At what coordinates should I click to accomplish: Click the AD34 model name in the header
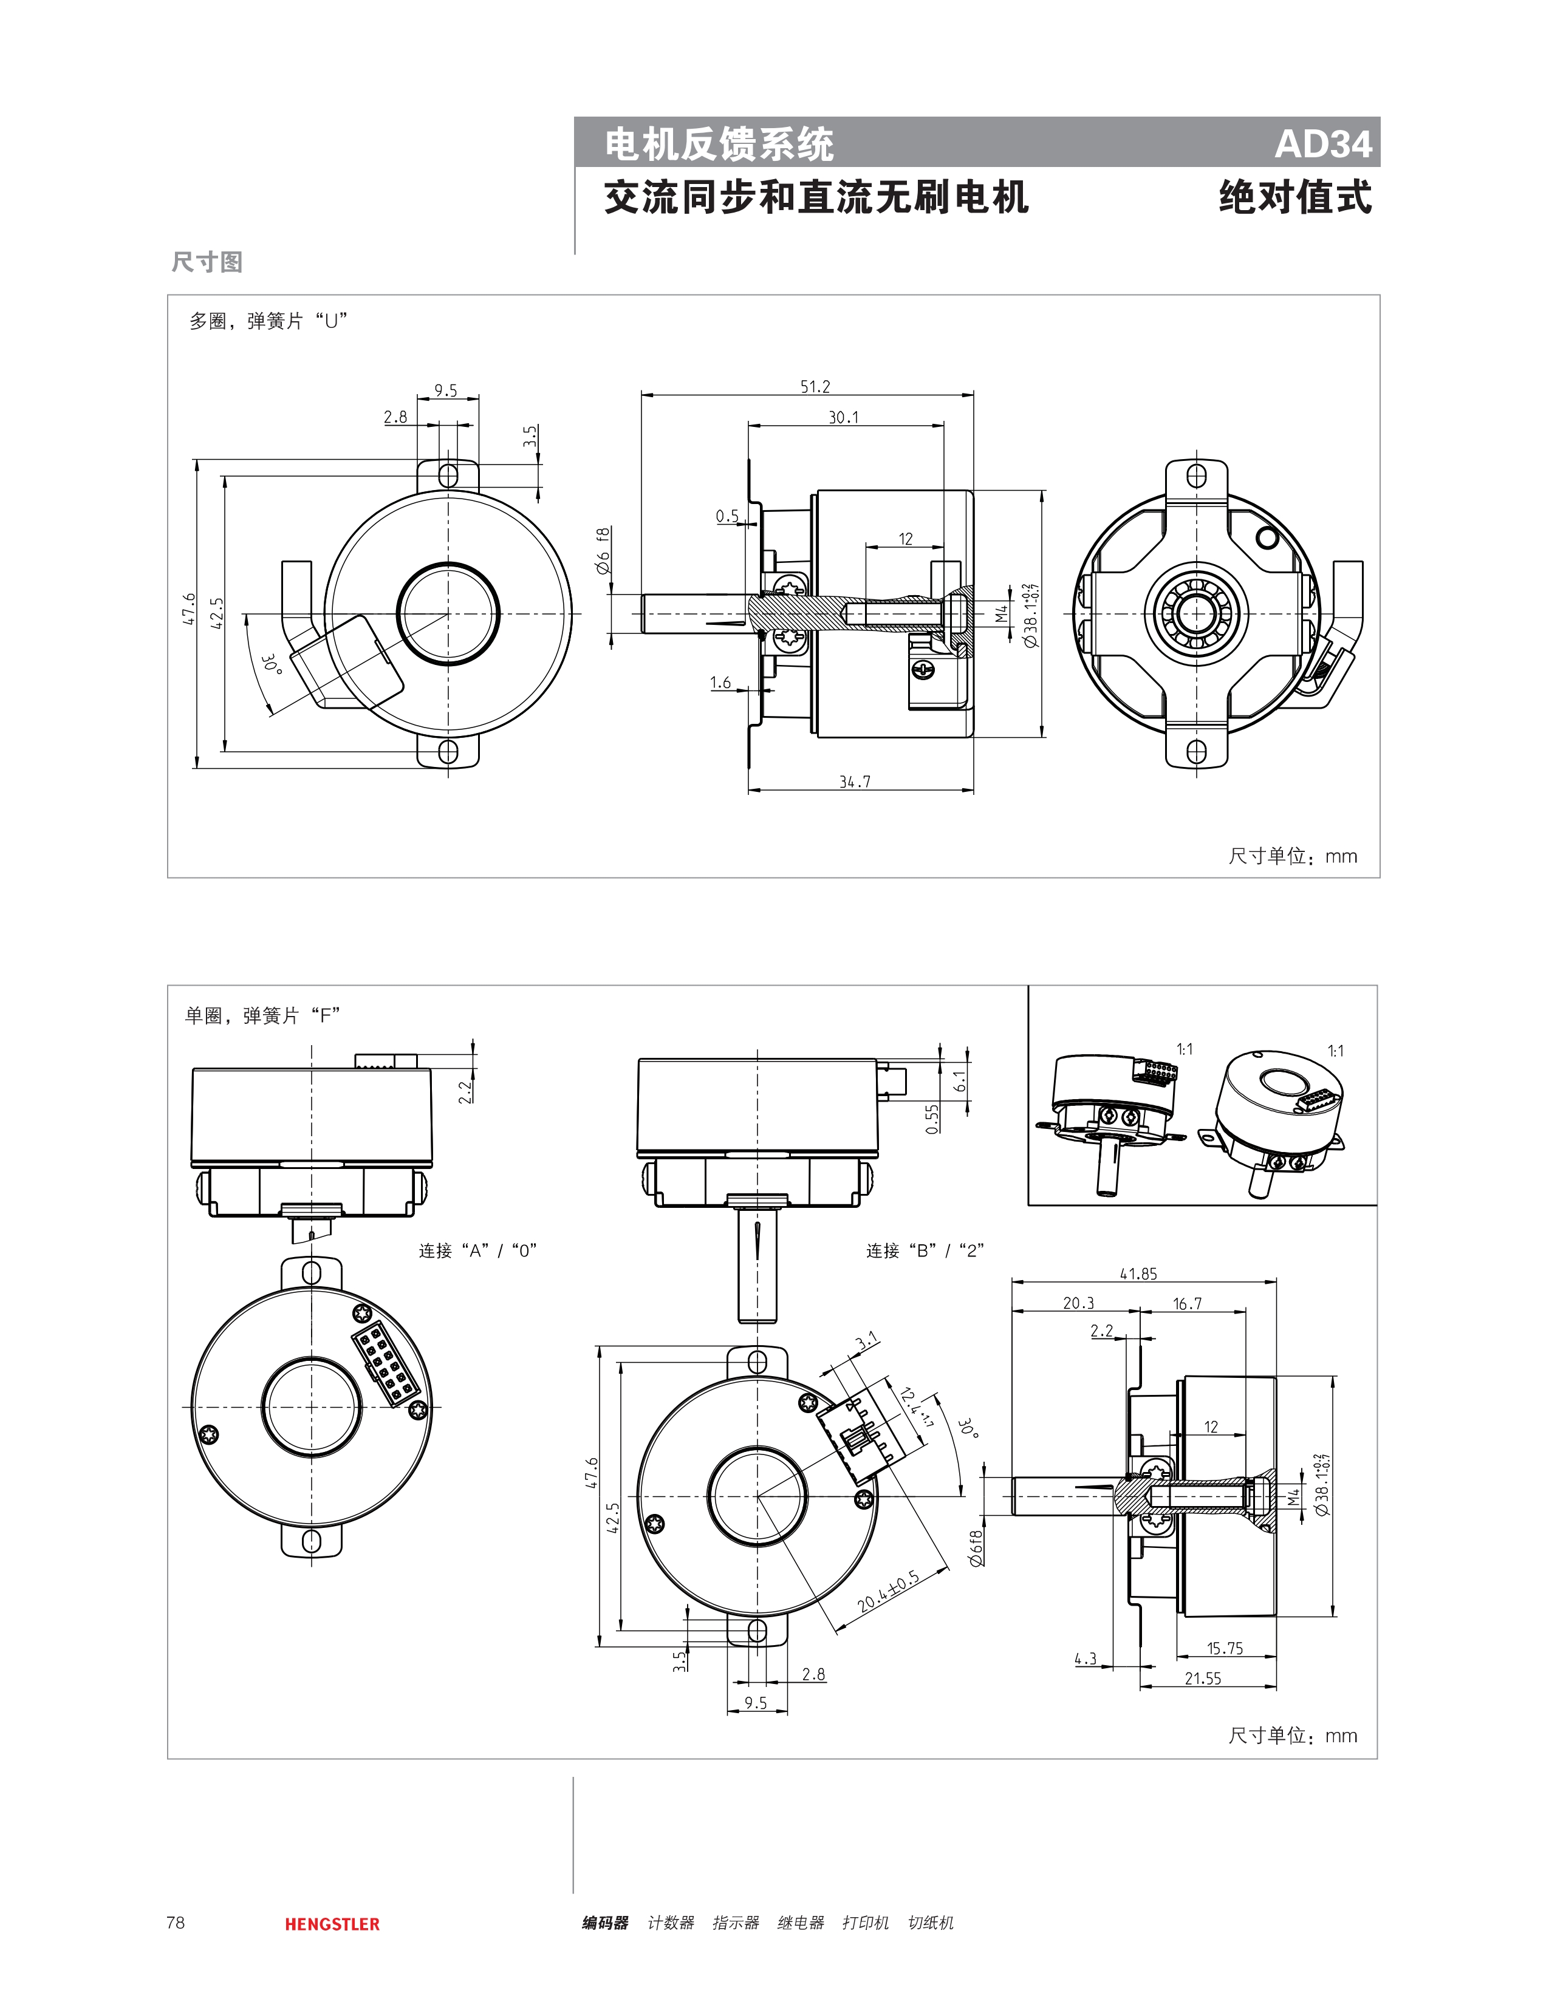tap(1322, 144)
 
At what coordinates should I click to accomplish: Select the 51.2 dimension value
tap(815, 387)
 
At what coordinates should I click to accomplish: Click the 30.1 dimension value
tap(843, 418)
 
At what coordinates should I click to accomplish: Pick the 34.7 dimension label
tap(854, 782)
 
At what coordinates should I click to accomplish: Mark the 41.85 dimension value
tap(1138, 1273)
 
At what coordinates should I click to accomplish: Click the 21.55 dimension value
tap(1202, 1679)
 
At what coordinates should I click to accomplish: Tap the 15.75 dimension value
tap(1224, 1648)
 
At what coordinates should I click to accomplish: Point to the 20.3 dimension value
tap(1078, 1303)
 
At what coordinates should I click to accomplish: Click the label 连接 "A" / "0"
tap(477, 1250)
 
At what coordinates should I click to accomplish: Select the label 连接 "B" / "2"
tap(924, 1250)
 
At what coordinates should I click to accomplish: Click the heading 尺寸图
tap(207, 262)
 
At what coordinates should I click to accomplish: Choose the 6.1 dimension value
tap(960, 1081)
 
